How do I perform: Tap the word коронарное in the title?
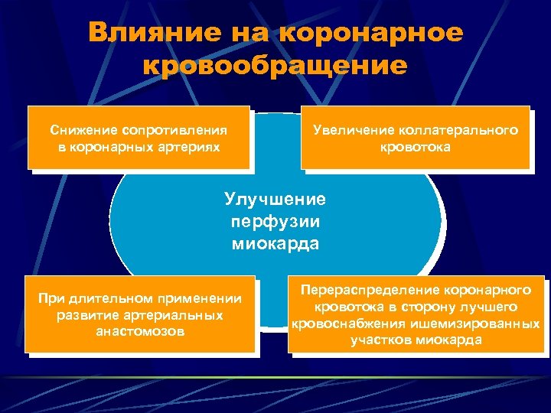pos(372,33)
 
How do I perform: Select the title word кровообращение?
pos(275,65)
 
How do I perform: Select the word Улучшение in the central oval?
pos(275,200)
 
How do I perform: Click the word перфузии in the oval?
pos(275,222)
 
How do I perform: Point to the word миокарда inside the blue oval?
pos(275,244)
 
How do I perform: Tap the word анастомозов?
pos(140,332)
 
